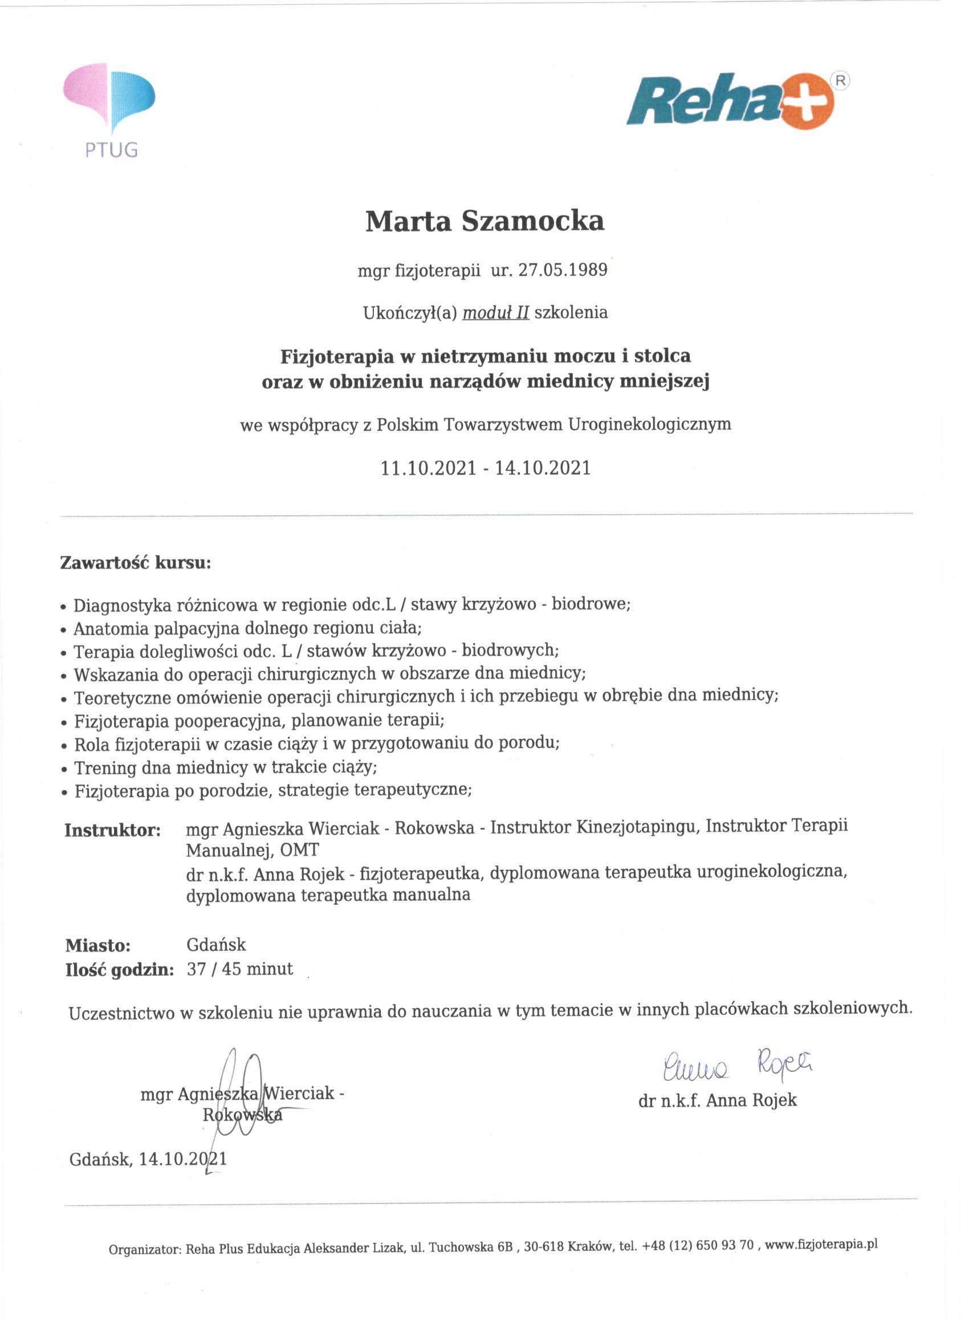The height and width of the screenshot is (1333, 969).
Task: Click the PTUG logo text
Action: (111, 151)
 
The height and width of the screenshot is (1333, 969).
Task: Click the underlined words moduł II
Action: (495, 312)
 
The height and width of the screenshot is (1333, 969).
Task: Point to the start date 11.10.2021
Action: (428, 469)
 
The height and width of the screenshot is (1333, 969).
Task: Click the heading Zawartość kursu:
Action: (135, 563)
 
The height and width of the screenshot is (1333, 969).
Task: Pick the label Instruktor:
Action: (112, 831)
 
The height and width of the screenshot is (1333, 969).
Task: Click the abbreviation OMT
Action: (300, 850)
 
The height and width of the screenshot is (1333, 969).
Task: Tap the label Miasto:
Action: (97, 946)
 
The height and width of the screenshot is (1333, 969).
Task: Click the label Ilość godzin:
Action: (119, 970)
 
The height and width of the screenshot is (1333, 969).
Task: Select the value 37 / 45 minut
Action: (240, 969)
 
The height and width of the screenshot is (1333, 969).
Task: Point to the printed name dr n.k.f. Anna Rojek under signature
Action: (717, 1100)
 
